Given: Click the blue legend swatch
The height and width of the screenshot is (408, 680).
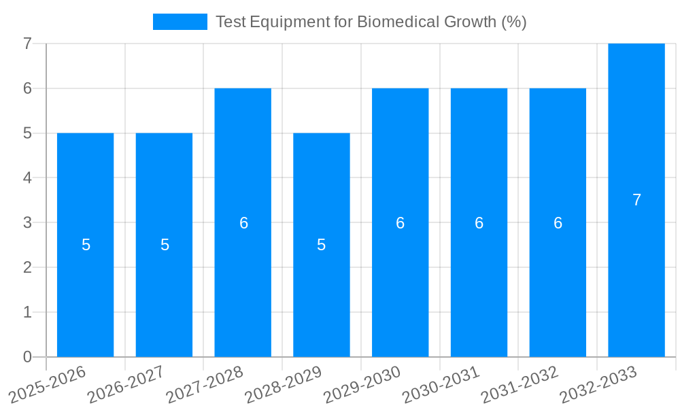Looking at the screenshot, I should pyautogui.click(x=180, y=22).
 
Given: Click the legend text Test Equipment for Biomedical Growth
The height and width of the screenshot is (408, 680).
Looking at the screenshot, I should pyautogui.click(x=371, y=22).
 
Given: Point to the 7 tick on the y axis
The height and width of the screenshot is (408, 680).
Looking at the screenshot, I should pyautogui.click(x=27, y=44).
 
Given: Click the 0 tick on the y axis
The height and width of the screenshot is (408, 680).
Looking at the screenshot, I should pyautogui.click(x=27, y=357).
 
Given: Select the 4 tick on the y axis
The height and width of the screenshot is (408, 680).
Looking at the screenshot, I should pyautogui.click(x=27, y=178).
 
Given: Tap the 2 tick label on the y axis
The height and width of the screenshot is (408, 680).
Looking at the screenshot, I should pyautogui.click(x=27, y=267).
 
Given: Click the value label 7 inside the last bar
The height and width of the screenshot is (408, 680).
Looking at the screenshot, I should pyautogui.click(x=636, y=200).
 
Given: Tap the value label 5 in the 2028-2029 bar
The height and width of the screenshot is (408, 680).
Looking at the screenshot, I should pyautogui.click(x=322, y=245).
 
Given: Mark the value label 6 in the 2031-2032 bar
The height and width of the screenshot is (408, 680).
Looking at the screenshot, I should pyautogui.click(x=558, y=222).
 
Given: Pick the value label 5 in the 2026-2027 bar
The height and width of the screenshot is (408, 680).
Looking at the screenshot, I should pyautogui.click(x=165, y=245).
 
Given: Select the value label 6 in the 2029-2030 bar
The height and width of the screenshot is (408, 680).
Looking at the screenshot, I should pyautogui.click(x=401, y=222).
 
